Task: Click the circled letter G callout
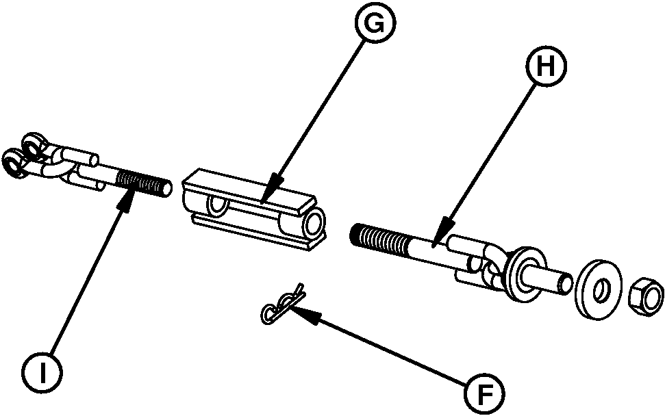click(373, 26)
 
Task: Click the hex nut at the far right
click(645, 296)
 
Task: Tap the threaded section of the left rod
click(142, 183)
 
